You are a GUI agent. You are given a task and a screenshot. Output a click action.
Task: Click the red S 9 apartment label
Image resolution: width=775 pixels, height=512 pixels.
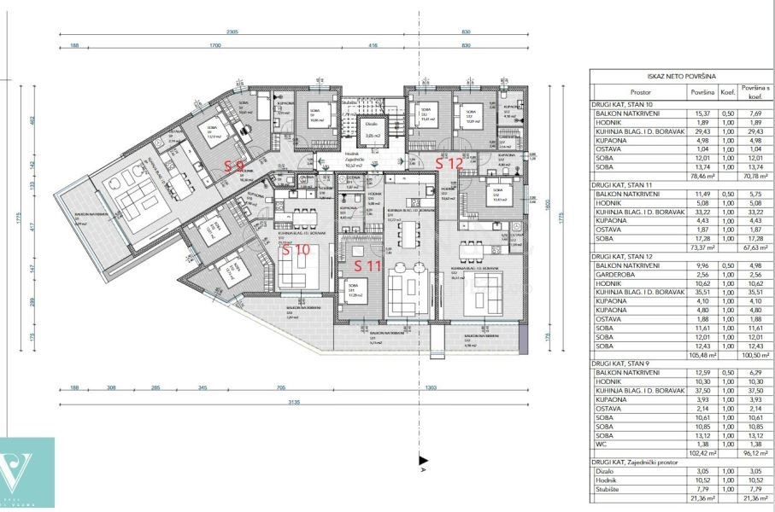pyautogui.click(x=235, y=166)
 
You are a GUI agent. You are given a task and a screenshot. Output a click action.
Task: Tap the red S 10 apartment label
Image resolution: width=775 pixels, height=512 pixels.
pyautogui.click(x=296, y=249)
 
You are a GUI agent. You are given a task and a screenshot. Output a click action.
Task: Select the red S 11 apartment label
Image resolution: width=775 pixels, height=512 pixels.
pyautogui.click(x=369, y=265)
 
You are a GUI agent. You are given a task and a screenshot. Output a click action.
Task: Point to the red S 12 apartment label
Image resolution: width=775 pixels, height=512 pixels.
pyautogui.click(x=449, y=162)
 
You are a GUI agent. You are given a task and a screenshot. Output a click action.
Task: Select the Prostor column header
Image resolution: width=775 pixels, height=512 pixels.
pyautogui.click(x=640, y=91)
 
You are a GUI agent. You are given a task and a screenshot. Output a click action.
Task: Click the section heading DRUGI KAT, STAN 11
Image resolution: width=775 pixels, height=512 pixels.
pyautogui.click(x=627, y=183)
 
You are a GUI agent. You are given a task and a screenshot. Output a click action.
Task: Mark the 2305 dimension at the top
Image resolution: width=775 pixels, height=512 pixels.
pyautogui.click(x=232, y=32)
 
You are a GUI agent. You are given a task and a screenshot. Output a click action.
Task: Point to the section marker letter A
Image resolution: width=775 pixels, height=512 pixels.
pyautogui.click(x=423, y=468)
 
